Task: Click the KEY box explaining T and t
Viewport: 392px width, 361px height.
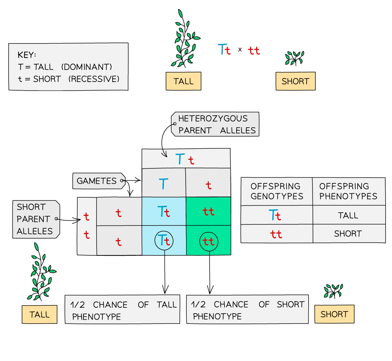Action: click(68, 67)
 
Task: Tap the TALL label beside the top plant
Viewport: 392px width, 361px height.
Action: click(184, 81)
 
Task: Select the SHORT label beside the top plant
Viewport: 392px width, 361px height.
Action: click(295, 81)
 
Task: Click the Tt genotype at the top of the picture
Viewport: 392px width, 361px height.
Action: click(224, 50)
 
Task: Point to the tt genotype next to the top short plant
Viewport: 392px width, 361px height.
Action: click(254, 51)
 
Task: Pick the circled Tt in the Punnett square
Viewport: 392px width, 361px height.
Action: click(164, 241)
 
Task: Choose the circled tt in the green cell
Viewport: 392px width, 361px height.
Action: click(208, 241)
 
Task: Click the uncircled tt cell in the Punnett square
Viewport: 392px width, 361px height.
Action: click(208, 212)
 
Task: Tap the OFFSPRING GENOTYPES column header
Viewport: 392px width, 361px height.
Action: click(277, 192)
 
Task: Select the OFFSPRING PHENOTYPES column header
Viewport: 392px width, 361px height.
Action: click(349, 192)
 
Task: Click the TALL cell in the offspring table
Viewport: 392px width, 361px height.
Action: click(349, 215)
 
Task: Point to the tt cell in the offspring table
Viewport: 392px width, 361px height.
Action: click(277, 234)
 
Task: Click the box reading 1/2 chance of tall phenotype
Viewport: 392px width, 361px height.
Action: click(122, 310)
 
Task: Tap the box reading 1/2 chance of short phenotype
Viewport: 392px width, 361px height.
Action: click(247, 309)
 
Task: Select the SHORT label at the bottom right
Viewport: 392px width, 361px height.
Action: click(334, 314)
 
